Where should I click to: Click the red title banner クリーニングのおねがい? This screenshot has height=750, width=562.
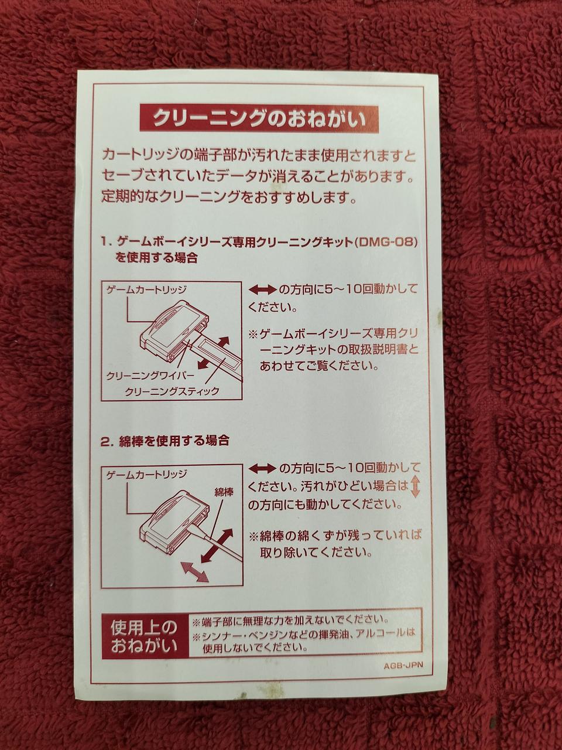pos(259,118)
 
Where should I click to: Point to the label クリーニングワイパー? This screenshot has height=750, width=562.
pos(150,376)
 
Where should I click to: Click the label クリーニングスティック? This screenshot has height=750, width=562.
pos(172,391)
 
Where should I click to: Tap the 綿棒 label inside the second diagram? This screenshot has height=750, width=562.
pos(224,492)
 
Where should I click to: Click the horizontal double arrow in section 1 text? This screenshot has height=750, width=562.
pos(262,291)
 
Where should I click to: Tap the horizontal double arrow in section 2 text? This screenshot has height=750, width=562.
pos(262,469)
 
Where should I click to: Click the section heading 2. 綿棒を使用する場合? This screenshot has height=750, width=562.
pos(165,441)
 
